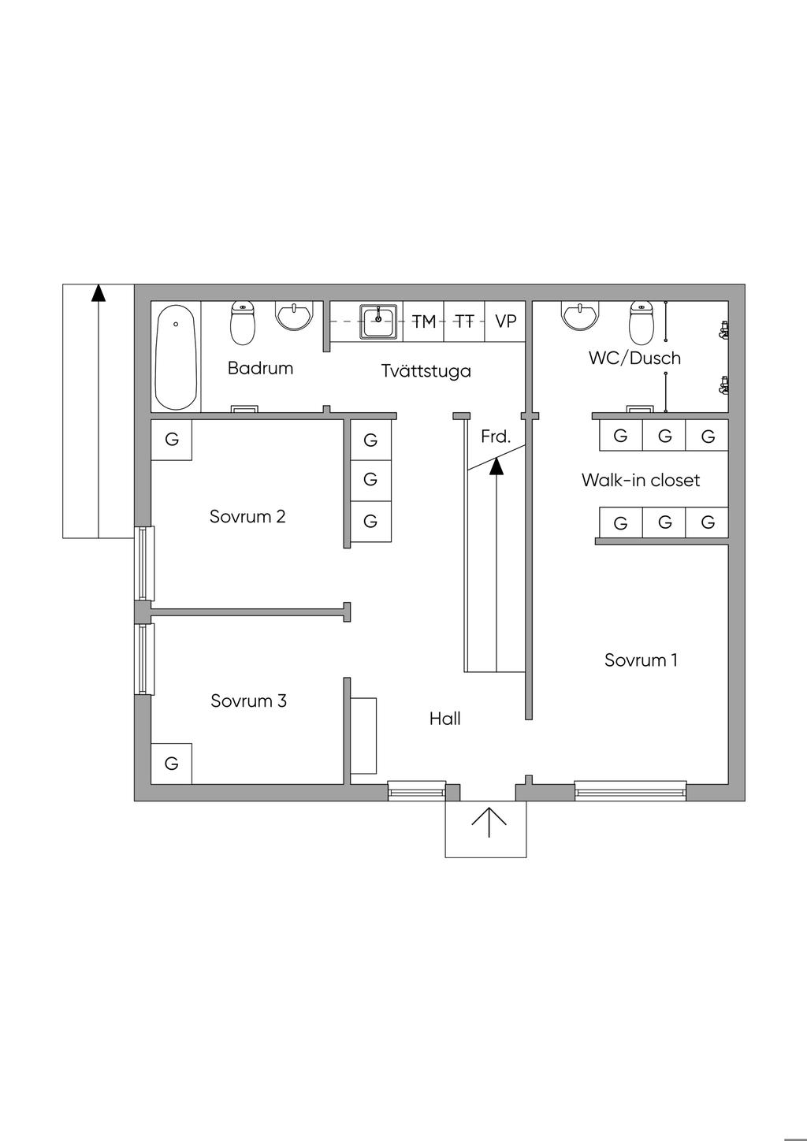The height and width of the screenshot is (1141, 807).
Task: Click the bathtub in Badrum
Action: [175, 357]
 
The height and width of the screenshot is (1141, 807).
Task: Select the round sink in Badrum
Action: [296, 316]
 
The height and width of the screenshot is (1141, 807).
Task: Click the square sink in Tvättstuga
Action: [379, 321]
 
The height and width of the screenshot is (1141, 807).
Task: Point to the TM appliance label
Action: [424, 321]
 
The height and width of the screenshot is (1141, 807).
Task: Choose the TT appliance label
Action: [465, 321]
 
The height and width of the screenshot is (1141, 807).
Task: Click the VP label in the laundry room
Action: [506, 321]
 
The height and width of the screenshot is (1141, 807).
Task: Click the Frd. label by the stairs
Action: [496, 436]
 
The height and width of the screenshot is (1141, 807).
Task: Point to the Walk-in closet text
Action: [640, 480]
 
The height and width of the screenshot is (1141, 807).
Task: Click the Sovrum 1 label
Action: [641, 660]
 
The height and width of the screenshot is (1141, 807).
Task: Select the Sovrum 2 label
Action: [247, 517]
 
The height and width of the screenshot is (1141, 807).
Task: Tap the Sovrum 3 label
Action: [248, 701]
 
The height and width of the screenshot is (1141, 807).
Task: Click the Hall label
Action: [444, 719]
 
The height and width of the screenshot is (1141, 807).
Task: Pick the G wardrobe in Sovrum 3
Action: [171, 763]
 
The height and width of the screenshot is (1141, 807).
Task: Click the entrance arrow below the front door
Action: [489, 823]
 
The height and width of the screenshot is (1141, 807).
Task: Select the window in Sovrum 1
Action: [630, 790]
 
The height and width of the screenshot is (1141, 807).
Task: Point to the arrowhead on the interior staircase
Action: [496, 466]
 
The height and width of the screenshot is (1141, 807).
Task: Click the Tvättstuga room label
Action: [426, 370]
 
